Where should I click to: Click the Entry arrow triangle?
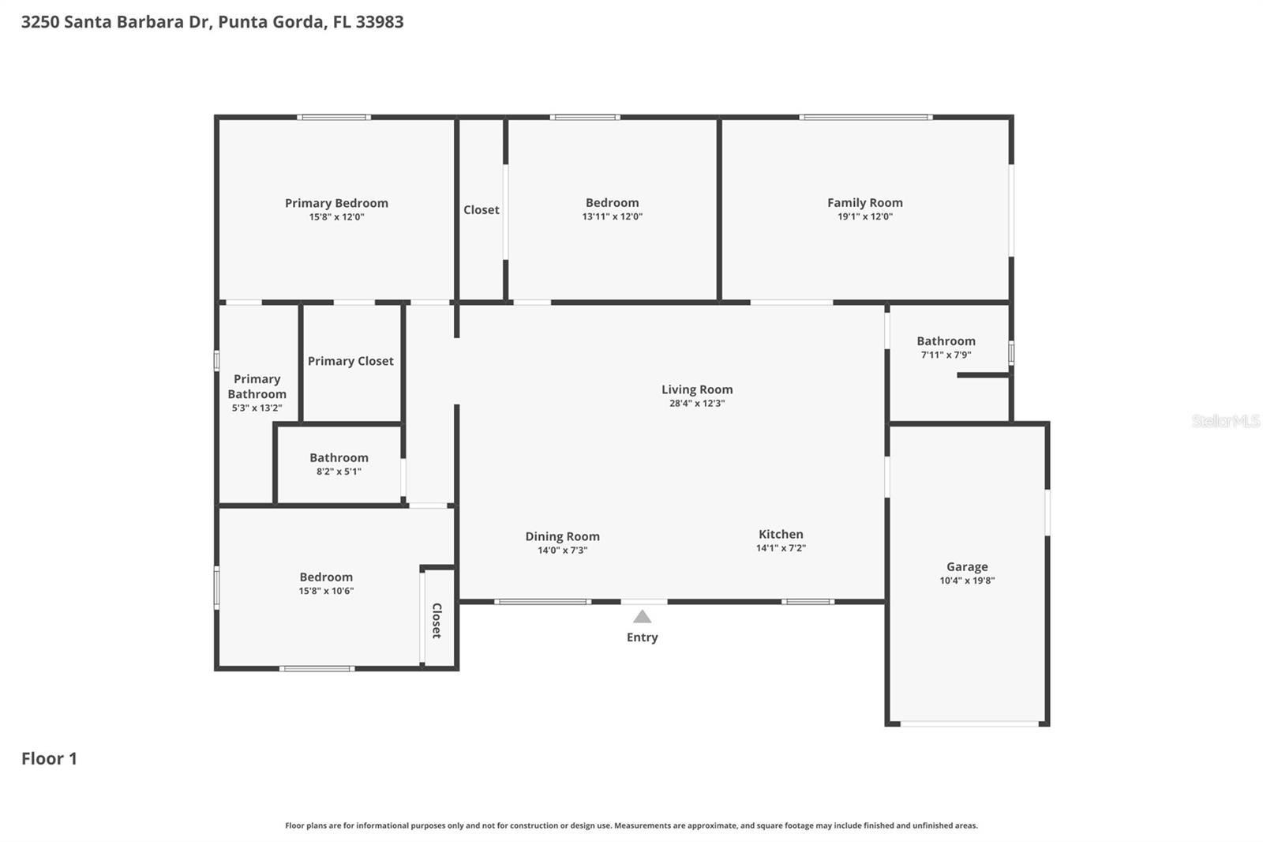click(643, 617)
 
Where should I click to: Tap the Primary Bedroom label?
click(336, 203)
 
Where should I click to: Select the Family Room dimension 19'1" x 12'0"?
click(864, 216)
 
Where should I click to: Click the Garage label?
click(967, 566)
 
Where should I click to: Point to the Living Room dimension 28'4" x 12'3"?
click(696, 403)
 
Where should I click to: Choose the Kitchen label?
click(781, 534)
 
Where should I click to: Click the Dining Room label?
click(562, 536)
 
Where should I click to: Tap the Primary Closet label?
click(350, 361)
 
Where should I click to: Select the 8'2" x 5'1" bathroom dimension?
click(339, 472)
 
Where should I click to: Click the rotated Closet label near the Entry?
click(437, 620)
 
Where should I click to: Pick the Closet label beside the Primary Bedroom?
click(481, 209)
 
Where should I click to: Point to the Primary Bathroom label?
click(257, 386)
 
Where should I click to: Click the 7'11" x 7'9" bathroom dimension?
click(946, 355)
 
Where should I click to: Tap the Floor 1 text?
click(49, 758)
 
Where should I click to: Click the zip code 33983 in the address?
click(379, 21)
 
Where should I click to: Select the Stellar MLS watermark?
click(1225, 421)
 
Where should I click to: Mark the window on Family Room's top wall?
click(865, 118)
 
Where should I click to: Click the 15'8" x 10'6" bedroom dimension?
click(326, 591)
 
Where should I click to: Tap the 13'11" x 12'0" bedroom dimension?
click(612, 216)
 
